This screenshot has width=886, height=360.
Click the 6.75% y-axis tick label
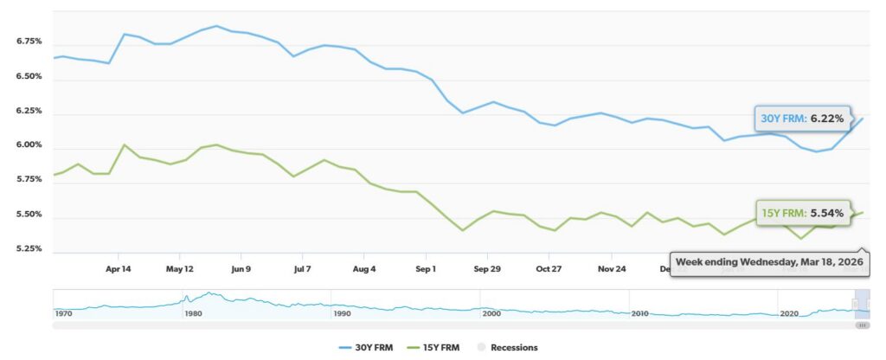click(x=29, y=42)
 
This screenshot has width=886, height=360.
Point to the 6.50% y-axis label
click(x=29, y=76)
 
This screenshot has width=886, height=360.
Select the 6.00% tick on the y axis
click(x=29, y=145)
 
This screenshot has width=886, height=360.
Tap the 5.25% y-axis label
click(x=29, y=249)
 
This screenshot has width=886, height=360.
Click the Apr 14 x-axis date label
click(x=118, y=269)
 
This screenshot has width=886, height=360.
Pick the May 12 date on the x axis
click(x=179, y=269)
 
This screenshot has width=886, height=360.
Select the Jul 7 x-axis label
click(x=303, y=269)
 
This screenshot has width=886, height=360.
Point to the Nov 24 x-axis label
click(x=612, y=269)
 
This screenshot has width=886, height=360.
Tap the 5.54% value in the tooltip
click(x=826, y=213)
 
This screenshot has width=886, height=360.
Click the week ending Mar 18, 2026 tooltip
click(x=769, y=261)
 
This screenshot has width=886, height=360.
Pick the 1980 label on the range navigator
click(x=193, y=312)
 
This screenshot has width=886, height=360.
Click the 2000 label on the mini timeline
click(x=491, y=312)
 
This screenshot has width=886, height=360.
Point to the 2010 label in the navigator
click(x=640, y=312)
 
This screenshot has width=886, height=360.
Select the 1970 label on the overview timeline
click(x=63, y=312)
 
